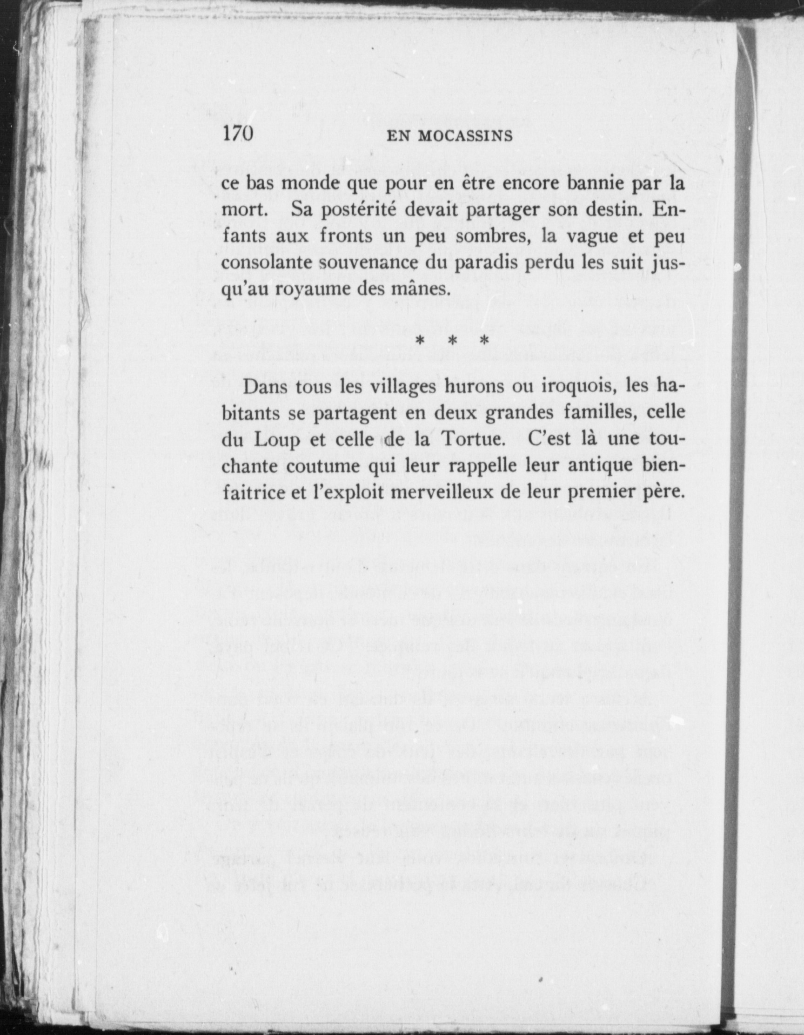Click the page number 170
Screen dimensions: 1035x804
click(238, 134)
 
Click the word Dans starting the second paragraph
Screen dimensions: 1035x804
click(265, 387)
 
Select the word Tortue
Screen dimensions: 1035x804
click(471, 440)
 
